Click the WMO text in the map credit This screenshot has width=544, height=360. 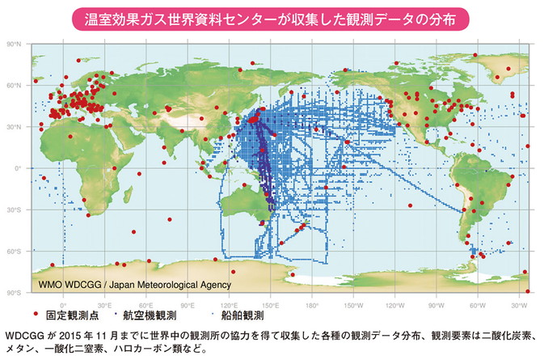(x=53, y=285)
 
